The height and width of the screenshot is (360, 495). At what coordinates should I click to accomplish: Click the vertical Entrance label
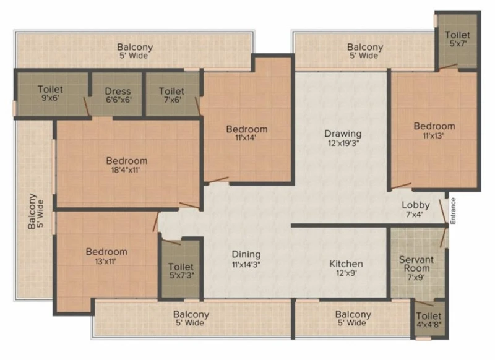[453, 210]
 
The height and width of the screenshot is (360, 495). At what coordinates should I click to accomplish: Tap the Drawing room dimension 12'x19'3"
[343, 144]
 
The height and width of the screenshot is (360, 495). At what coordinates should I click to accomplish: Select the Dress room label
[118, 91]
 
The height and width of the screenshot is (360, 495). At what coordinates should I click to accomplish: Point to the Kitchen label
[346, 264]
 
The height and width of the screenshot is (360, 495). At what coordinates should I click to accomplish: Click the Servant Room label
[416, 264]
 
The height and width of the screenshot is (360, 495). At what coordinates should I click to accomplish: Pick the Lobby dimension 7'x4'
[415, 215]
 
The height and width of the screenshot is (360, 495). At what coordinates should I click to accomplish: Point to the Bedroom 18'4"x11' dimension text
[126, 170]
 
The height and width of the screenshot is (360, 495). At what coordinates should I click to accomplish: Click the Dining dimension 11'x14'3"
[246, 264]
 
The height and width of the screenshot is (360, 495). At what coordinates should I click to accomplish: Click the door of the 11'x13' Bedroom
[401, 186]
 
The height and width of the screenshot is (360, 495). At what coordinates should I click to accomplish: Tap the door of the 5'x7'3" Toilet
[171, 242]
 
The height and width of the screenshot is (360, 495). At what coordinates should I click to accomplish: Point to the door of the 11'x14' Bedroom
[218, 179]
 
